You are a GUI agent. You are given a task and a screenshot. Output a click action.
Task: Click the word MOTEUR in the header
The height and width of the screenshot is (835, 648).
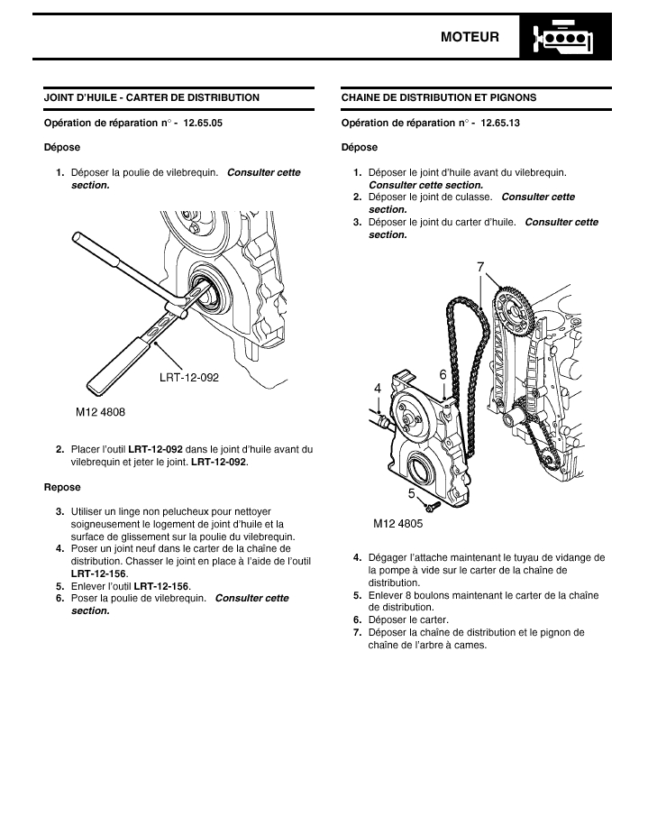tap(470, 37)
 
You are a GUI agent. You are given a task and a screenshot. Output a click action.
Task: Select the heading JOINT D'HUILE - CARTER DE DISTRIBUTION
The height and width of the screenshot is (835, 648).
tap(151, 97)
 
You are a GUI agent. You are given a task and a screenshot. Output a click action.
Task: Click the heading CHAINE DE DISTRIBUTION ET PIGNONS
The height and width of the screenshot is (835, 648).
tap(439, 97)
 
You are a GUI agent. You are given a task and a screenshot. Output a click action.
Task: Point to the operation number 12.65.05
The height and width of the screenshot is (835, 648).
tap(203, 123)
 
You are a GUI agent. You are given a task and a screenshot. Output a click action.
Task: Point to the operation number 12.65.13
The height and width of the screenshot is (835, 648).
tap(500, 123)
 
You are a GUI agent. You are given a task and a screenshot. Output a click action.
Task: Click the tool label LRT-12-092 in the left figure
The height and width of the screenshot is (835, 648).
tap(189, 378)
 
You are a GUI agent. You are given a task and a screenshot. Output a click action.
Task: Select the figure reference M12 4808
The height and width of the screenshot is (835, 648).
tap(100, 411)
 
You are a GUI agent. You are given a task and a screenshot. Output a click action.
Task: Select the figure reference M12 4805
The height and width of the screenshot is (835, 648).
tap(397, 522)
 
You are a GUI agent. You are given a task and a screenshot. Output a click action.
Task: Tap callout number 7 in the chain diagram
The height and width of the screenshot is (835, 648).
tap(480, 266)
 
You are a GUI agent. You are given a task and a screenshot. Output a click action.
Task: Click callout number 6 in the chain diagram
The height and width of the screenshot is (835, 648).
tap(443, 373)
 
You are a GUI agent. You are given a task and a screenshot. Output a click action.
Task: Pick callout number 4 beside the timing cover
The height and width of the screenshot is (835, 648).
tap(378, 388)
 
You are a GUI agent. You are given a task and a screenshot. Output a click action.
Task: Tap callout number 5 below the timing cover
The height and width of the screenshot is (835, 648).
tap(411, 493)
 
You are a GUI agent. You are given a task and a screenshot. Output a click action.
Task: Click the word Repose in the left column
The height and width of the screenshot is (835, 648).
tap(62, 487)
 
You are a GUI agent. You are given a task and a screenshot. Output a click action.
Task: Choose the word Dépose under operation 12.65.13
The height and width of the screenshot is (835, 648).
tap(360, 147)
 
